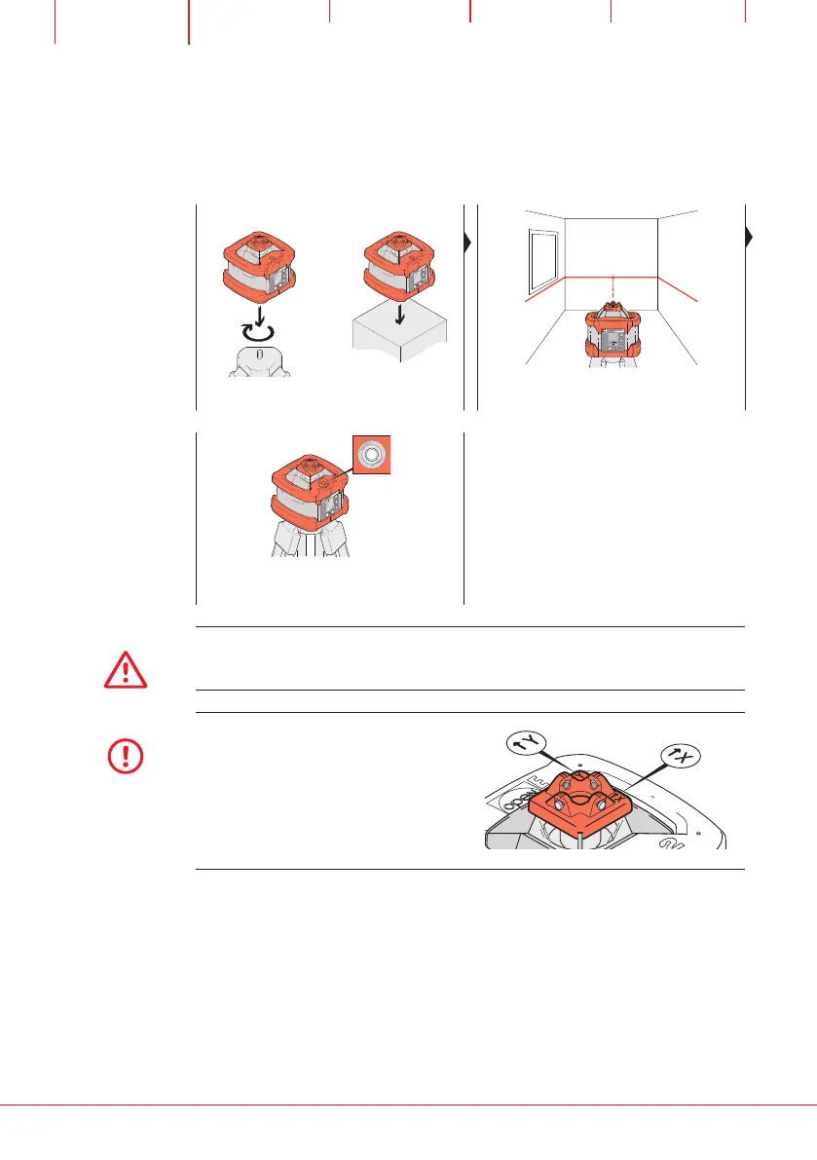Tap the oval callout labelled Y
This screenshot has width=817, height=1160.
click(527, 744)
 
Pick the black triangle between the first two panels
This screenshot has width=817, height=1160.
click(469, 243)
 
